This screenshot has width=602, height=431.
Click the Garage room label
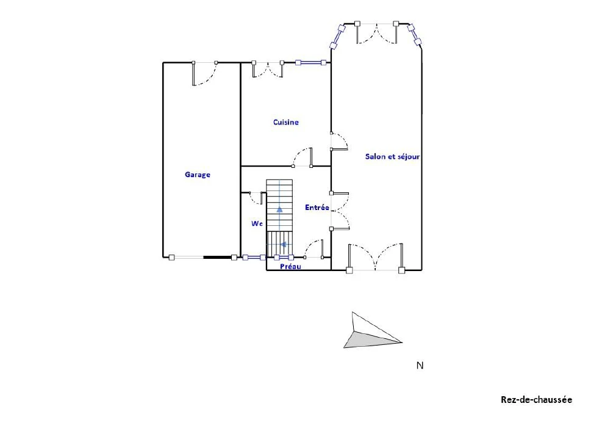click(198, 175)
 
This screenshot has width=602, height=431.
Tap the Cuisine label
click(285, 122)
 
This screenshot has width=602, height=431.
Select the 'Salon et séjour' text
click(392, 156)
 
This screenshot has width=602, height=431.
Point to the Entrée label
click(317, 208)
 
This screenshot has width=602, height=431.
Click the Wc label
click(257, 223)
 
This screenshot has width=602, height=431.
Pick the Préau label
click(290, 266)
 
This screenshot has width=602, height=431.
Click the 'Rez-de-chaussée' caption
click(536, 399)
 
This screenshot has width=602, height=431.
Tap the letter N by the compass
click(420, 365)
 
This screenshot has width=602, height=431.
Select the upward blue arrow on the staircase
click(279, 209)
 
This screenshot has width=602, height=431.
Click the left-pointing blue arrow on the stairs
click(284, 244)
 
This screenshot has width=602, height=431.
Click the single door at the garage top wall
click(205, 73)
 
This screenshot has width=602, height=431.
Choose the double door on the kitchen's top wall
click(268, 70)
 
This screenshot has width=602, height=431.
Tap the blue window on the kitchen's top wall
click(310, 63)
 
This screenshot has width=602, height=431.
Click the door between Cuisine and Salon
click(339, 142)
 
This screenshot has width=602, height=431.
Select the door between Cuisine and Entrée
click(302, 158)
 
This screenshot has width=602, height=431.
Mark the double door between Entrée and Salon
click(340, 211)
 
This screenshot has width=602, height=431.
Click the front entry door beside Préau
click(314, 249)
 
